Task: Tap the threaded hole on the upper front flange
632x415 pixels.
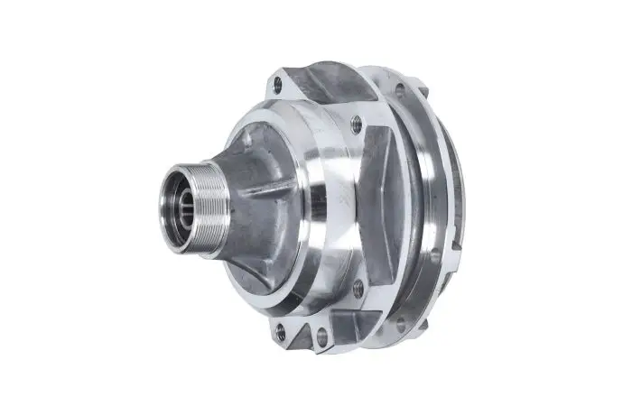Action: pos(357,125)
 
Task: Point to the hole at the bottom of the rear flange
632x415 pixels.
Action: pos(399,322)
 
